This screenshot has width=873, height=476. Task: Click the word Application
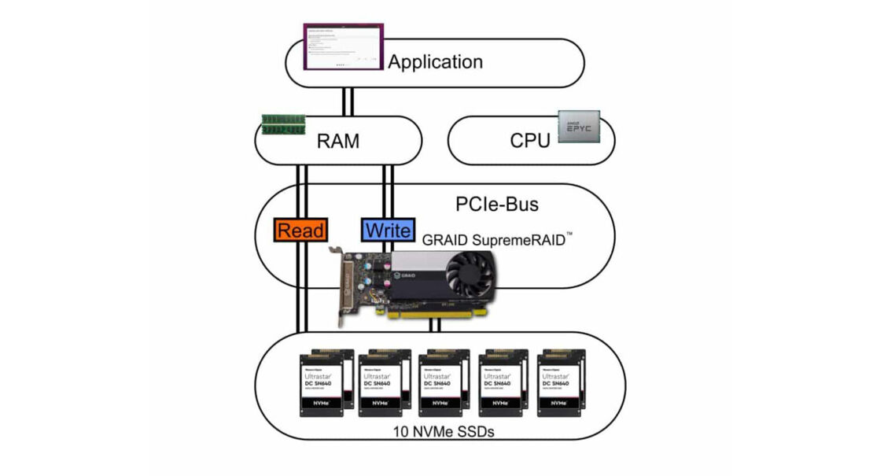click(x=435, y=62)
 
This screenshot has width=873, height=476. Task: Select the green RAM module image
click(x=282, y=124)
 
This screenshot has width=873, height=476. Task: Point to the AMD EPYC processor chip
click(x=580, y=126)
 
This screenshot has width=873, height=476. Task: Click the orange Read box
click(x=299, y=231)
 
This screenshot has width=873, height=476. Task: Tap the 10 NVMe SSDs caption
click(x=438, y=431)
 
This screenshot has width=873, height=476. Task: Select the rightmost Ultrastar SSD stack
click(x=562, y=382)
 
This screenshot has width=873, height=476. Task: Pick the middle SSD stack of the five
click(x=444, y=382)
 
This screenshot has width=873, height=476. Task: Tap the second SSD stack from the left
click(x=385, y=382)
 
